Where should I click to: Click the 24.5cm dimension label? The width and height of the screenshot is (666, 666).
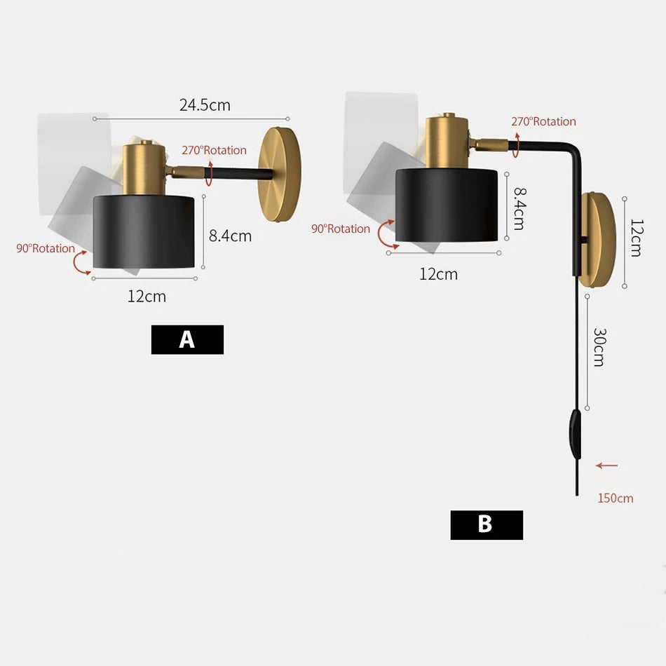click(x=205, y=105)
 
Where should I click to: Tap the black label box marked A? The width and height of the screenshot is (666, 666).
click(x=187, y=339)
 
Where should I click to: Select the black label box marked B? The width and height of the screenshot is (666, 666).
click(x=486, y=524)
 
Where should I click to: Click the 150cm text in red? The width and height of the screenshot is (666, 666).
click(x=615, y=498)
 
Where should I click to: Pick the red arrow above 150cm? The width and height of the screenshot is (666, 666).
click(x=607, y=465)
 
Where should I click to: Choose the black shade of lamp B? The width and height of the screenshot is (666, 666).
click(x=447, y=205)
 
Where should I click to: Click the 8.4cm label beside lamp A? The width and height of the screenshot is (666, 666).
click(x=230, y=236)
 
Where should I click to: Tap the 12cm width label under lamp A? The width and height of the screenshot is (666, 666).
click(x=147, y=297)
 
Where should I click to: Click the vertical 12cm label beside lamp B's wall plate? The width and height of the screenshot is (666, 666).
click(x=636, y=238)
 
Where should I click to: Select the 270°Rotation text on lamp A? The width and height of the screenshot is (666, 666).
click(x=215, y=150)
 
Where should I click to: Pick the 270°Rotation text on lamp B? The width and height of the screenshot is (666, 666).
click(x=543, y=121)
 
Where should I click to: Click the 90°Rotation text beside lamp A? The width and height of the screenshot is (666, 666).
click(x=46, y=248)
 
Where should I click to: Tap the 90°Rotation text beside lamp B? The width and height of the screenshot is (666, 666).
click(x=341, y=229)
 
